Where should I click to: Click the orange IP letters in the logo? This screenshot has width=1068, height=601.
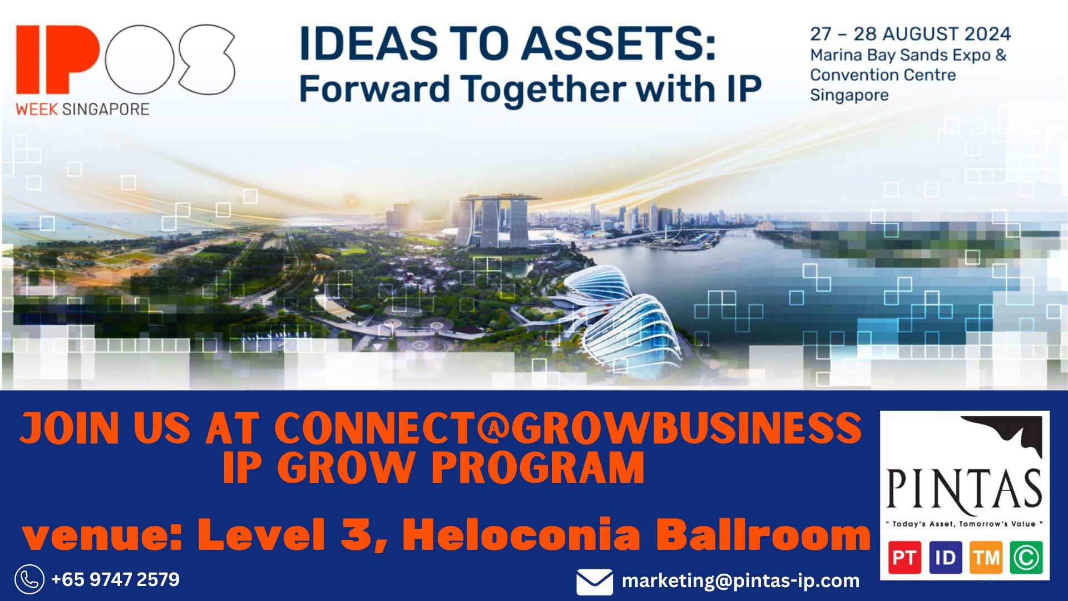coord(58,59)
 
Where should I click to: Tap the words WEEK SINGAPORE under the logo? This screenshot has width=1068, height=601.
coord(82,109)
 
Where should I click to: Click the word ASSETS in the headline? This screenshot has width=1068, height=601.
coord(618,43)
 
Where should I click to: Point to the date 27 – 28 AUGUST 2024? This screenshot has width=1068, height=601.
coord(910,34)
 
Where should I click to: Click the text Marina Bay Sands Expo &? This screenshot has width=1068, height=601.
coord(908,55)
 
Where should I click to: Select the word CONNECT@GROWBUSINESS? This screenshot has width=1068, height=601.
coord(567,428)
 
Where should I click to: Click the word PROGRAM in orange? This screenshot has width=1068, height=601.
coord(538,467)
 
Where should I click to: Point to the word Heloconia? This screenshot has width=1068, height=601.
coord(522,534)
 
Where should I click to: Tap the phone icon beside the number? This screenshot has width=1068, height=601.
coord(29,579)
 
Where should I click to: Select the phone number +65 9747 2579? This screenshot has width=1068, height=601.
coord(115,579)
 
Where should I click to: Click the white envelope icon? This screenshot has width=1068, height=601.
coord(595,582)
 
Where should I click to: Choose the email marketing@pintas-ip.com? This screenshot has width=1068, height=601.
coord(740,581)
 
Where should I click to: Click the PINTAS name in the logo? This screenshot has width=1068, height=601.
coord(964,489)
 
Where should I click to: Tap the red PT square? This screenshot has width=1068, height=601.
coord(904,558)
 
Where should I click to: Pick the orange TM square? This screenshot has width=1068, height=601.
coord(986,558)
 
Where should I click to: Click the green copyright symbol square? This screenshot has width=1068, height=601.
coord(1026,558)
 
